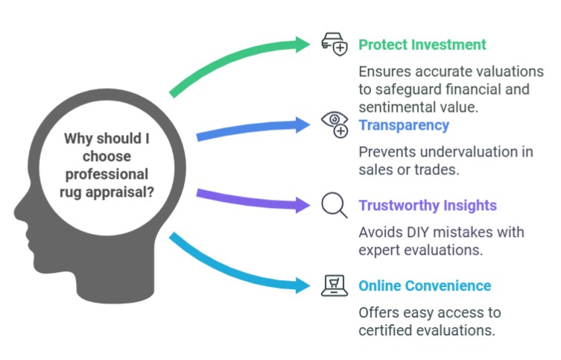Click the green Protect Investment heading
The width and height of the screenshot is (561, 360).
click(422, 45)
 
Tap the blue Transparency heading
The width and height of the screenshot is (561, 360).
click(404, 125)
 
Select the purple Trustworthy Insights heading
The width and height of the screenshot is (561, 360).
click(428, 206)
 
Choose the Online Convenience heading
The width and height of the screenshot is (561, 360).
click(425, 285)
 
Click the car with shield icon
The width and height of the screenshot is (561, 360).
click(335, 45)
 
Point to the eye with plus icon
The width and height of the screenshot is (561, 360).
click(335, 124)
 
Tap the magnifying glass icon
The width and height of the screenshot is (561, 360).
click(335, 205)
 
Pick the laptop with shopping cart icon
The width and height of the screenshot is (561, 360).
click(335, 285)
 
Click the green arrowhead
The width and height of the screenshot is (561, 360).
click(302, 45)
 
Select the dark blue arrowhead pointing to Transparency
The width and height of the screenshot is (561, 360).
click(302, 125)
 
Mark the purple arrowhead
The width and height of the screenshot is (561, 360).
click(302, 205)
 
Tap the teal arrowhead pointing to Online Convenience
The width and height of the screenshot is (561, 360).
click(302, 285)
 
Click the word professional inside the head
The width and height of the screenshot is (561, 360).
click(107, 174)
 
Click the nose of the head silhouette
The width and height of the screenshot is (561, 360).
click(18, 212)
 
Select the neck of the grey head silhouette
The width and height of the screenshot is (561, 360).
click(118, 282)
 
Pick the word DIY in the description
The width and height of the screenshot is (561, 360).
click(417, 233)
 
